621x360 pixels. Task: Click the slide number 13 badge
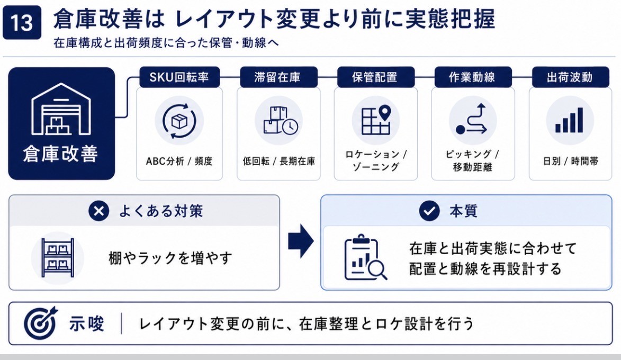pyautogui.click(x=22, y=22)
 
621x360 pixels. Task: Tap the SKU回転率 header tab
pyautogui.click(x=179, y=77)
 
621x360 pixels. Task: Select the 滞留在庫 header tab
pyautogui.click(x=278, y=77)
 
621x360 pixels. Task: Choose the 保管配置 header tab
pyautogui.click(x=375, y=77)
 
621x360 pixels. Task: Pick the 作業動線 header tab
pyautogui.click(x=473, y=77)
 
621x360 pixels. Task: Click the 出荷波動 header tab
pyautogui.click(x=570, y=77)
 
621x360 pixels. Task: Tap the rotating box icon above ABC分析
pyautogui.click(x=179, y=121)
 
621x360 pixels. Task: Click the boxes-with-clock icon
pyautogui.click(x=281, y=121)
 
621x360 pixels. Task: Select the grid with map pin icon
pyautogui.click(x=376, y=120)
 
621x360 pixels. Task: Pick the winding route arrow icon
pyautogui.click(x=471, y=119)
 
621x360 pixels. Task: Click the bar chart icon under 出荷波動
pyautogui.click(x=569, y=120)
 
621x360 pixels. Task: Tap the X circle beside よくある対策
pyautogui.click(x=98, y=211)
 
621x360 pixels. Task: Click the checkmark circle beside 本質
pyautogui.click(x=429, y=211)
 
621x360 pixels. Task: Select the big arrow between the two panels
pyautogui.click(x=301, y=241)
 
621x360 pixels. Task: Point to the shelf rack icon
pyautogui.click(x=58, y=258)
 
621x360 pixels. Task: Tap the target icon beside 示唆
pyautogui.click(x=40, y=323)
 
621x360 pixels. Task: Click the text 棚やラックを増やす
pyautogui.click(x=170, y=258)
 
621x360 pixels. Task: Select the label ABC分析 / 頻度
pyautogui.click(x=179, y=161)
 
